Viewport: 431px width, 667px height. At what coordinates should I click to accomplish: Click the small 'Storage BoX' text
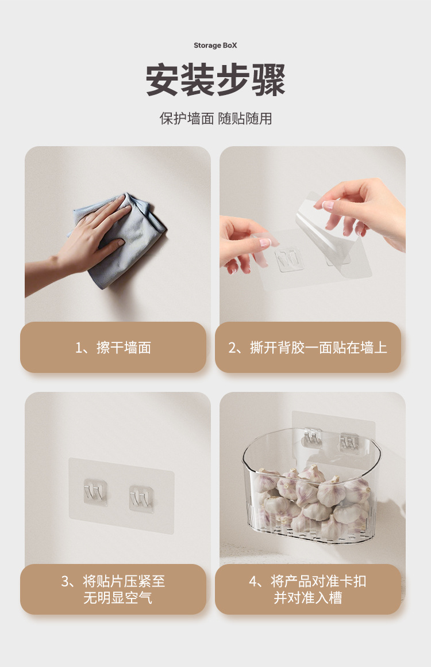click(x=215, y=45)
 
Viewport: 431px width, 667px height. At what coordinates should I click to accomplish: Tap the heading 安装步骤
click(x=215, y=80)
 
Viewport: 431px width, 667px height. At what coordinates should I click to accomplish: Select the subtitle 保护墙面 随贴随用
click(x=215, y=119)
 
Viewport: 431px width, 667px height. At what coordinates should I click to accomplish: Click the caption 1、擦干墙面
click(x=113, y=348)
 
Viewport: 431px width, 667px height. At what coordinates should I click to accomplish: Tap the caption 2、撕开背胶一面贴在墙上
click(x=308, y=348)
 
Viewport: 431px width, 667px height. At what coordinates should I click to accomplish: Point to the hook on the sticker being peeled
click(x=290, y=259)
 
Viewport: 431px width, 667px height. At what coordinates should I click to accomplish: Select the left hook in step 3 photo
click(x=95, y=492)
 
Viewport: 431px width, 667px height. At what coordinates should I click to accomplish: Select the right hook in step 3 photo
click(x=141, y=498)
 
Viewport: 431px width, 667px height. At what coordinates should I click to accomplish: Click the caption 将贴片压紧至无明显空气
click(x=113, y=589)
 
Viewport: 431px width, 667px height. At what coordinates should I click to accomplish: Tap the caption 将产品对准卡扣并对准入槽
click(x=308, y=589)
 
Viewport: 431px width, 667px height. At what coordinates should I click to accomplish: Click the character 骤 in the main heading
click(x=268, y=80)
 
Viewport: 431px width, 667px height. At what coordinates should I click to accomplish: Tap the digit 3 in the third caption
click(x=65, y=581)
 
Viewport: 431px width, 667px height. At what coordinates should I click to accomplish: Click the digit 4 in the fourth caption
click(x=253, y=581)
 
